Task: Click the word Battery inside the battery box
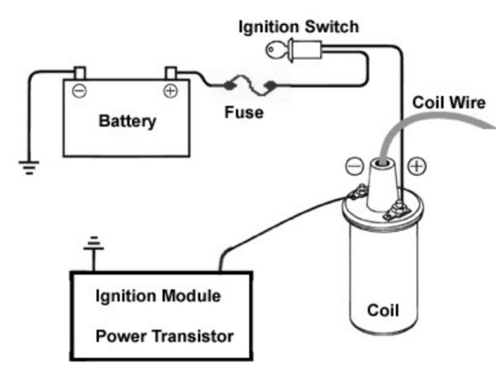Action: (126, 122)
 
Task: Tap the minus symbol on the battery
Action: (79, 91)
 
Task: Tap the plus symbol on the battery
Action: (170, 91)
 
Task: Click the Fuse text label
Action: (244, 113)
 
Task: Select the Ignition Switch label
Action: (298, 27)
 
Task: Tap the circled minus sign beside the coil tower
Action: (354, 166)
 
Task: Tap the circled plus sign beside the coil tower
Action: (417, 166)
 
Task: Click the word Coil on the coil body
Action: (383, 312)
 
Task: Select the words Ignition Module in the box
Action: (157, 296)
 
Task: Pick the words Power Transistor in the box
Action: (164, 336)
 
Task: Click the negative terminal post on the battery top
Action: (79, 72)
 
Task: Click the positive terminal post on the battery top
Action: (171, 72)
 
